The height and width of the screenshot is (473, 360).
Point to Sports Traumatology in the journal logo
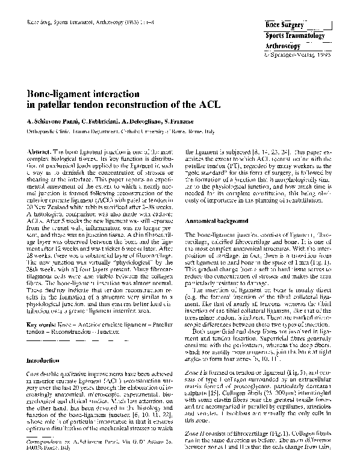pos(296,36)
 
